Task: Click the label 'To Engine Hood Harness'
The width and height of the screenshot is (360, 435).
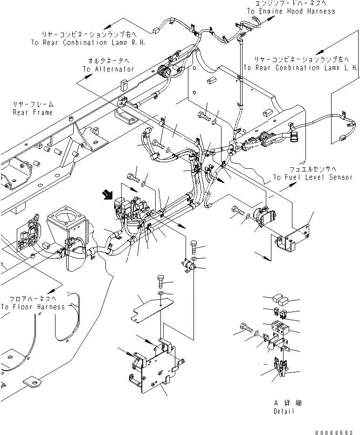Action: tap(291, 11)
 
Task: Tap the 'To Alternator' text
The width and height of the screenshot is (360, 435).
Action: tap(109, 69)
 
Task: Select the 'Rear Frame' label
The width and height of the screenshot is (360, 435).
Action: tap(33, 112)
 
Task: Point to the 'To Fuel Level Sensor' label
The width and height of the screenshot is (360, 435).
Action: tap(312, 177)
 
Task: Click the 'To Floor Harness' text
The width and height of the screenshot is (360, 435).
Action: tap(33, 307)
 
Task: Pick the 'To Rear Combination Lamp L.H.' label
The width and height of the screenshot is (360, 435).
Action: tap(301, 68)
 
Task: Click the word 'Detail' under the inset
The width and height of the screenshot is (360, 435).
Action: tap(284, 412)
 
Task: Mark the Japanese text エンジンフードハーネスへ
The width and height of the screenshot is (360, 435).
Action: tap(292, 4)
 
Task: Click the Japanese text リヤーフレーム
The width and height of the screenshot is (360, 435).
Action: tap(34, 105)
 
